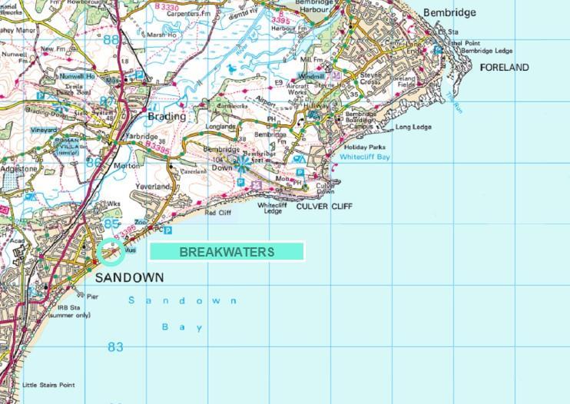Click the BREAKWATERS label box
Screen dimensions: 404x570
[x=227, y=252]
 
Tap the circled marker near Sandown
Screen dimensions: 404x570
[x=110, y=251]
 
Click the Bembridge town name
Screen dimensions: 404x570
[x=449, y=13]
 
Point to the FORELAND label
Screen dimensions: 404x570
[x=504, y=68]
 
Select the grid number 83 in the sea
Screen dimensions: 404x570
[x=115, y=347]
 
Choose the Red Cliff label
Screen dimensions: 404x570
[x=218, y=213]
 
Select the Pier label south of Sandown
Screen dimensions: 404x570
[x=92, y=296]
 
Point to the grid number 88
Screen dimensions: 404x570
[x=112, y=40]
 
